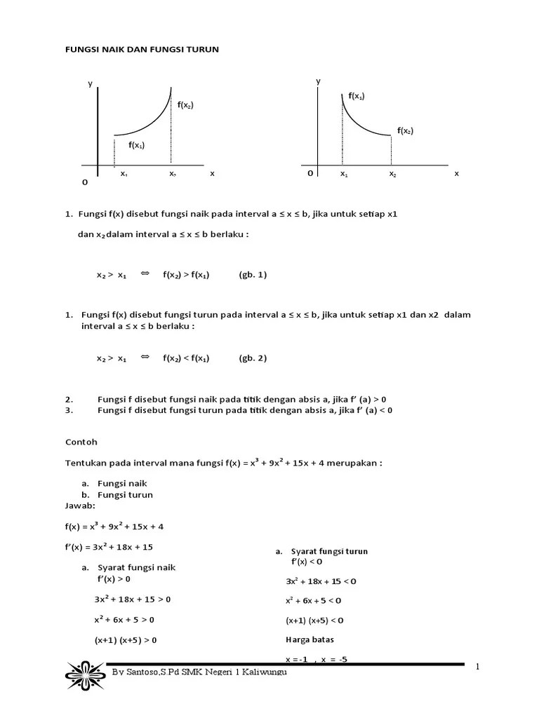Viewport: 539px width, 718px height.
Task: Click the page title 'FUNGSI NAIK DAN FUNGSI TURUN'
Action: [x=142, y=49]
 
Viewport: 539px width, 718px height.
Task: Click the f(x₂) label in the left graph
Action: [x=185, y=105]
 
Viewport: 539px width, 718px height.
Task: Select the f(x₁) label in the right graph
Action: [x=357, y=95]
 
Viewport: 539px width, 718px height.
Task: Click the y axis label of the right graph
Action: [x=318, y=81]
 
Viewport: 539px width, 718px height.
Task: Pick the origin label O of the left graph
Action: [x=85, y=182]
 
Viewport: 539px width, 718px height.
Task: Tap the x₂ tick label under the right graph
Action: [x=392, y=173]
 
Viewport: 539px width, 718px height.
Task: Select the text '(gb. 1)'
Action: [x=253, y=275]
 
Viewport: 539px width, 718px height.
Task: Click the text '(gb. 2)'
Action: [x=253, y=358]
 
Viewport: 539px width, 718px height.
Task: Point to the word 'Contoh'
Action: [x=81, y=442]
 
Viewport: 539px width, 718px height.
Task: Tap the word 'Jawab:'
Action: [x=79, y=505]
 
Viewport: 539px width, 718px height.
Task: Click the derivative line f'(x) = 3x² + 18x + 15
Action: [x=109, y=546]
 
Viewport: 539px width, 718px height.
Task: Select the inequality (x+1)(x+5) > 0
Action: [x=126, y=639]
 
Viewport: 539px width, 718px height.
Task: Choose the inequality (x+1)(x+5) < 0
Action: [x=314, y=621]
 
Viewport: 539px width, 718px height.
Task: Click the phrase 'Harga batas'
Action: [x=310, y=639]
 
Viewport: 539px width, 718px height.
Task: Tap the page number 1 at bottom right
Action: [x=477, y=667]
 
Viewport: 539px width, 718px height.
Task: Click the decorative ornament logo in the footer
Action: [x=85, y=674]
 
